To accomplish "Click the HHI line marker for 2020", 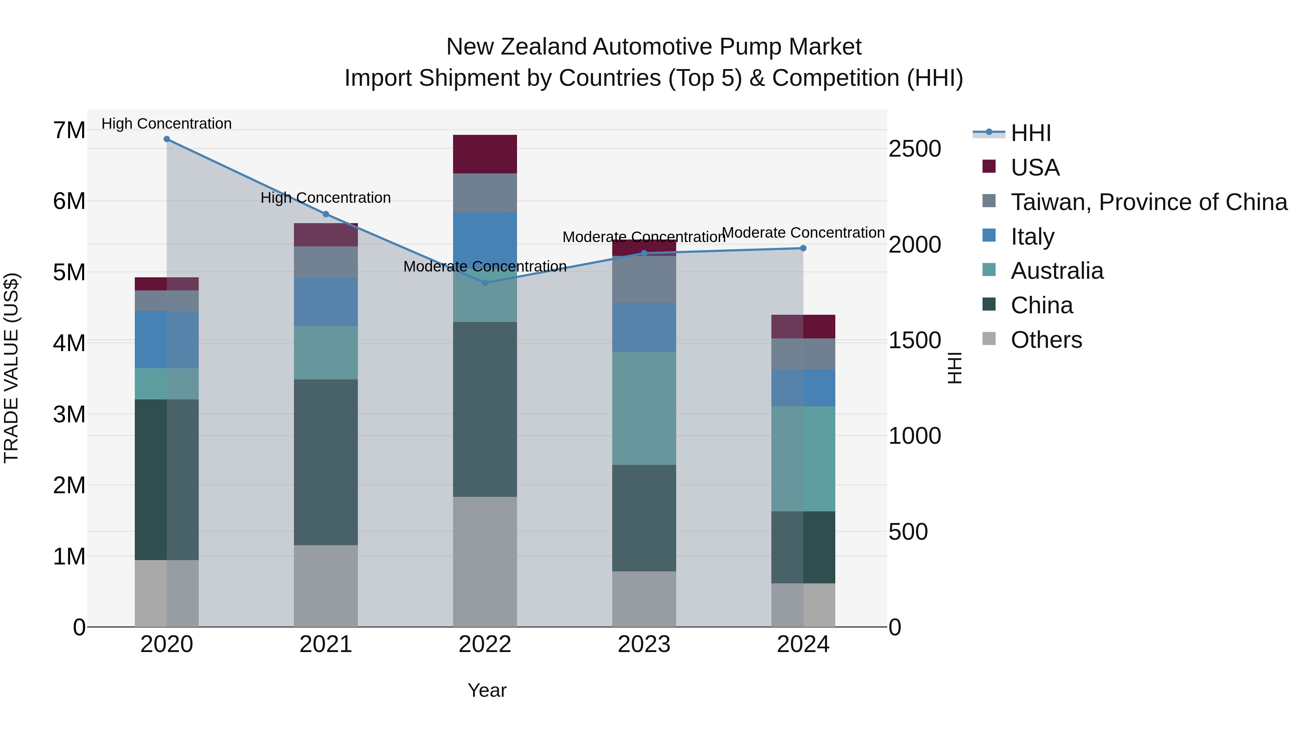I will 166,139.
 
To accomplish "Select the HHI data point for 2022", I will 485,283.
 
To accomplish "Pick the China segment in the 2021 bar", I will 326,462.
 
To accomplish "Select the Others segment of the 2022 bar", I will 485,561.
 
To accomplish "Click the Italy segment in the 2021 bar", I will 326,302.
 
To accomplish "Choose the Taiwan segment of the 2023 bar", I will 644,279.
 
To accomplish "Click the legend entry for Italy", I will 1032,237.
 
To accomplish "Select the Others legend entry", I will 1046,340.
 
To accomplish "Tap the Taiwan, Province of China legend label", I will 1148,202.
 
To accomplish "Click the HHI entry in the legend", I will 1030,133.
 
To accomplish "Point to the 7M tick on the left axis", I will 69,130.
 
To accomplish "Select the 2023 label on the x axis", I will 644,644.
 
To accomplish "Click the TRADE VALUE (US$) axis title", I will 11,368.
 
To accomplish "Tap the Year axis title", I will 487,690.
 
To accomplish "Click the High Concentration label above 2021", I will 326,198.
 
